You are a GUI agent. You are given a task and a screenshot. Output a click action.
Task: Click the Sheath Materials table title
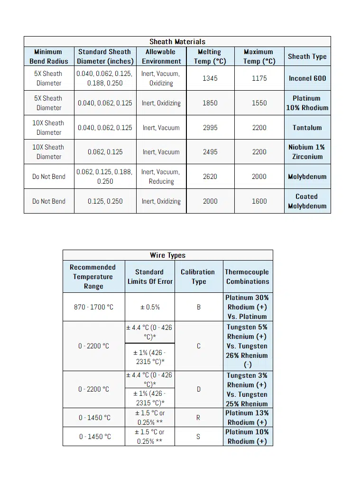point(177,42)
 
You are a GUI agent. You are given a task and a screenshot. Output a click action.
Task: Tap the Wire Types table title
point(167,255)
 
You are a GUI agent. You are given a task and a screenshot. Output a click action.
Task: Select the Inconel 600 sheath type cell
point(307,78)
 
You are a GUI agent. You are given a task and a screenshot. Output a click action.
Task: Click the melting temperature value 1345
point(210,78)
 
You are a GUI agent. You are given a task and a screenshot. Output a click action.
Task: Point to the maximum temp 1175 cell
point(259,78)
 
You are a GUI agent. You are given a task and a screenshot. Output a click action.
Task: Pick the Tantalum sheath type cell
point(307,128)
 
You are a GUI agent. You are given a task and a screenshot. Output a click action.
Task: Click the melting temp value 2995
point(210,128)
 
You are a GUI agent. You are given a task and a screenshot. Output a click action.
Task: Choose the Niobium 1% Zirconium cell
point(307,152)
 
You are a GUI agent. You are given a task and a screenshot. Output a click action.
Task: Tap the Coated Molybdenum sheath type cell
point(307,201)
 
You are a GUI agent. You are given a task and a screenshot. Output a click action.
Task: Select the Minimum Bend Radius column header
point(49,56)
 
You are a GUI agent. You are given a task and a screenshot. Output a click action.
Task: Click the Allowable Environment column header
point(161,56)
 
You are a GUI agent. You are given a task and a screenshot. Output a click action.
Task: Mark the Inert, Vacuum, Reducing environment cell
point(161,177)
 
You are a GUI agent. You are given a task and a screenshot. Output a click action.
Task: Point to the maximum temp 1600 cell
point(259,201)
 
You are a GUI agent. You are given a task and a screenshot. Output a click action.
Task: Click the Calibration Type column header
point(198,277)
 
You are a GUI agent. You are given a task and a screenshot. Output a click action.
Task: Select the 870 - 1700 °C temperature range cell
point(93,307)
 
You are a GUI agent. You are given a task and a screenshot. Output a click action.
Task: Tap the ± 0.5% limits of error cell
point(150,307)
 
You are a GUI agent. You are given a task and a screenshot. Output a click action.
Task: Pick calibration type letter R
point(198,418)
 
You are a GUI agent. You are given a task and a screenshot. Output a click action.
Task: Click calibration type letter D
point(198,389)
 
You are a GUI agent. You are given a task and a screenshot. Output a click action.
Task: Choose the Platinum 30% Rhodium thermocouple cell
point(247,307)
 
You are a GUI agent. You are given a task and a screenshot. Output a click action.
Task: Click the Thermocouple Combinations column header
point(247,277)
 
